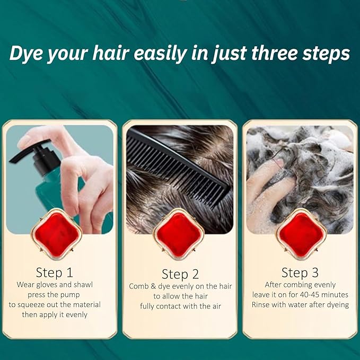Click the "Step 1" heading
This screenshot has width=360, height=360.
click(x=54, y=273)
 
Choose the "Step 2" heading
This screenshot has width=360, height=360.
click(x=180, y=274)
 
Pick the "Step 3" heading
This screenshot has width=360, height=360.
click(x=300, y=273)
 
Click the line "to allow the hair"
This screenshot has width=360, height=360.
click(x=180, y=296)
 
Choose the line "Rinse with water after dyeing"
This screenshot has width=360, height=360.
click(x=300, y=305)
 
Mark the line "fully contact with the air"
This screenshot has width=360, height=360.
click(x=180, y=306)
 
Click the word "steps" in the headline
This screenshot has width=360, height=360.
click(x=329, y=54)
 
